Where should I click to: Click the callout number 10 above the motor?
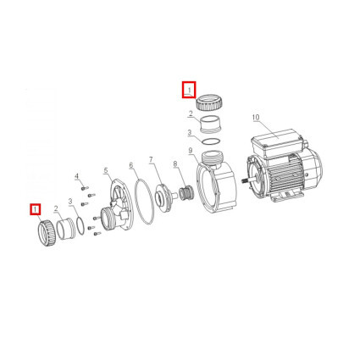coord(256,117)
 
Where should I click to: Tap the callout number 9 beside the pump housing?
coord(191,151)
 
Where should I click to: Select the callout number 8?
coord(175,163)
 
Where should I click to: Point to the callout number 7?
coord(151,160)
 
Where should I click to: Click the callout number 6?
coord(130,165)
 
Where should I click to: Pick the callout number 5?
coord(106,170)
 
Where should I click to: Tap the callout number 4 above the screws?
coord(76,177)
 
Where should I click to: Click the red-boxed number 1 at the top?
coord(190,90)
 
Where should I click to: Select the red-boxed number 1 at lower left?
coord(36,209)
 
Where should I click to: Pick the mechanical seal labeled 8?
coord(186,192)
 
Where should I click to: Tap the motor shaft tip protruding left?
coord(243,180)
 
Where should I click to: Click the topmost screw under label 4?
coord(85,188)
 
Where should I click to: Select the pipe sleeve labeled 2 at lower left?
coord(65,230)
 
